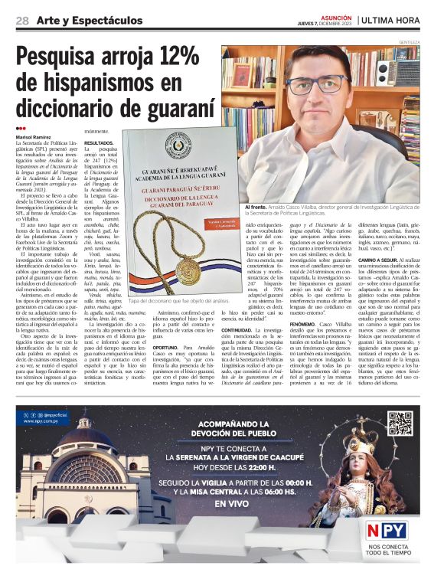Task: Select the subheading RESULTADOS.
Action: point(99,142)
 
